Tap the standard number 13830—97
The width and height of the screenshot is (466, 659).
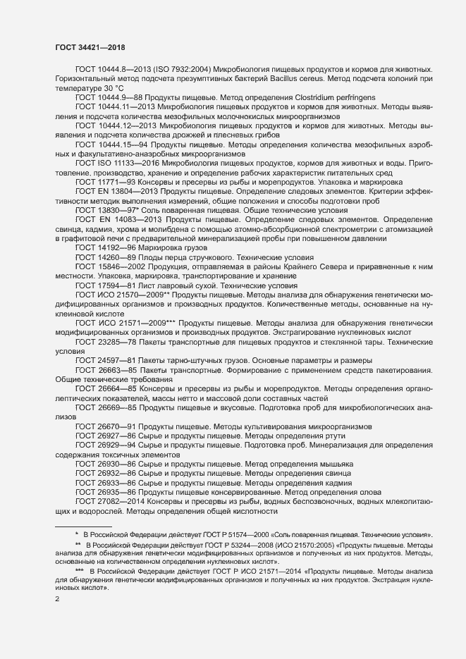tap(116, 211)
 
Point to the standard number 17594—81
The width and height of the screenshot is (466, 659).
tap(116, 286)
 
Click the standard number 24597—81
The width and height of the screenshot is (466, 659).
tap(116, 360)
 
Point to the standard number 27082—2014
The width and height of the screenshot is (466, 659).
tap(121, 500)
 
